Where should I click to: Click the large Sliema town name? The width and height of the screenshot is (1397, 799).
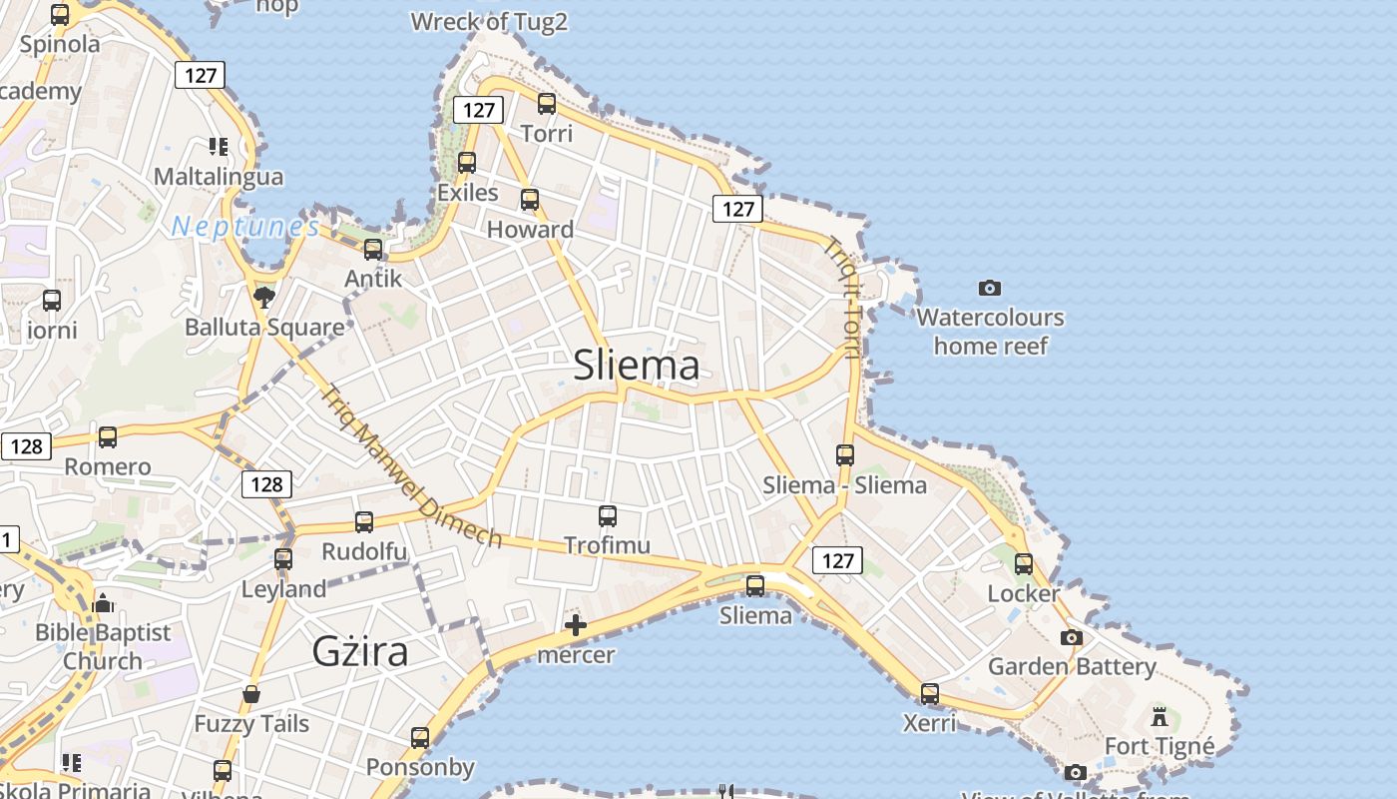tap(637, 366)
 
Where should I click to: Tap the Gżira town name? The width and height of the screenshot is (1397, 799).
tap(360, 651)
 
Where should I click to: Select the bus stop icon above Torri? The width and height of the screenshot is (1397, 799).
tap(547, 103)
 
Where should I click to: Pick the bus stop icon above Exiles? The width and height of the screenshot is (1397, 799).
tap(467, 162)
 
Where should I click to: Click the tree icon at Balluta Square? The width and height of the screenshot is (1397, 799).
tap(264, 297)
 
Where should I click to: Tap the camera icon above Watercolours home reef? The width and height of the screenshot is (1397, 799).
tap(989, 288)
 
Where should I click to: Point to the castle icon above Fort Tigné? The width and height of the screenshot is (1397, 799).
tap(1160, 716)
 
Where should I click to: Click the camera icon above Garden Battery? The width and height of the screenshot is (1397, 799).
tap(1072, 637)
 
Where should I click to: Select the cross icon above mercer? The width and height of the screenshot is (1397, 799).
tap(576, 626)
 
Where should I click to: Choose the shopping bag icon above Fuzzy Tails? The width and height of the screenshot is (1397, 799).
tap(251, 694)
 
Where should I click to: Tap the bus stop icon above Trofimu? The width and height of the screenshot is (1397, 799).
tap(608, 515)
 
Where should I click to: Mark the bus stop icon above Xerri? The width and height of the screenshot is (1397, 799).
tap(930, 692)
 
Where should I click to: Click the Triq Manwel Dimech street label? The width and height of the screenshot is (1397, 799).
tap(411, 466)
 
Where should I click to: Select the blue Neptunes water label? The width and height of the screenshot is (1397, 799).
tap(245, 227)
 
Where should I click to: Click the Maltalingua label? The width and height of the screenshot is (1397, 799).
tap(219, 177)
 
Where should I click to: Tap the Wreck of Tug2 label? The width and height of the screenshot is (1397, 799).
tap(489, 21)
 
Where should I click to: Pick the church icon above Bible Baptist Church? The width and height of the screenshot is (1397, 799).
tap(103, 603)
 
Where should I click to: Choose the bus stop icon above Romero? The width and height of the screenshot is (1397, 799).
tap(108, 436)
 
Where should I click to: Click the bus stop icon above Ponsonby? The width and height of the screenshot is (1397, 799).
tap(420, 738)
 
